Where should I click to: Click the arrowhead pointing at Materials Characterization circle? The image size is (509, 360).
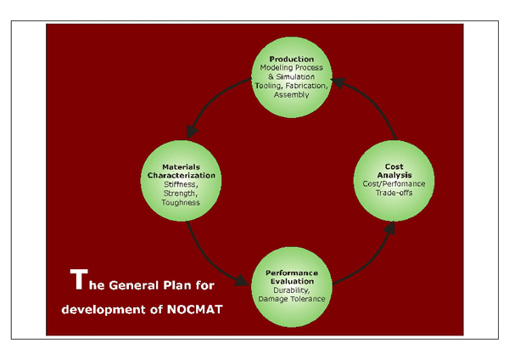point(190,133)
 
